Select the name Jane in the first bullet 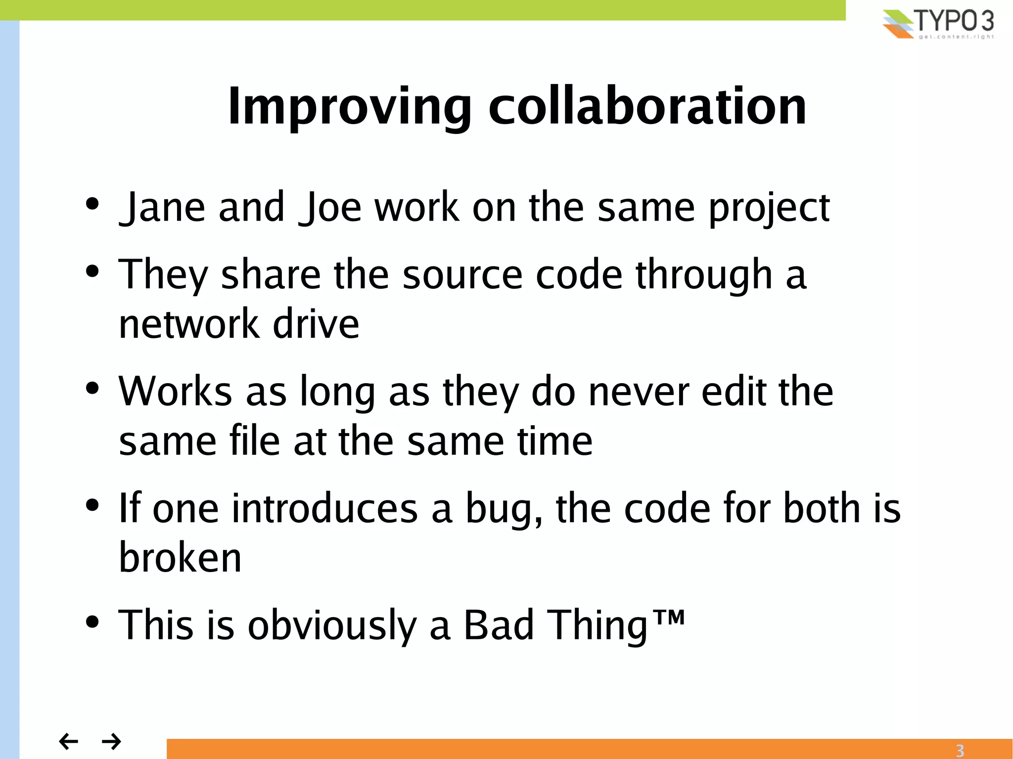coord(163,208)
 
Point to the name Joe coord(331,208)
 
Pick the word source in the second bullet coord(462,275)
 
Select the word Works coord(175,392)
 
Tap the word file coord(255,441)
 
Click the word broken coord(180,558)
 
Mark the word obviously coord(332,626)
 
